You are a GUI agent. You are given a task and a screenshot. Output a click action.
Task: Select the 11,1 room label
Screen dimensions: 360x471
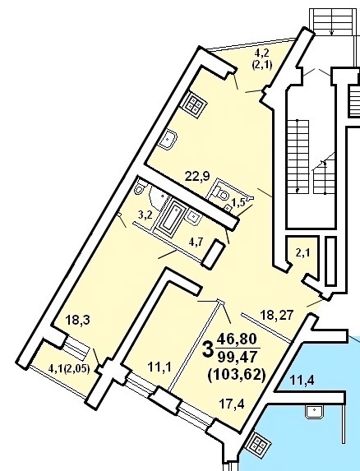coord(159,367)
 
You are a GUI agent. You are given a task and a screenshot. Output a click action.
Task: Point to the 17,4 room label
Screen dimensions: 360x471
coord(232,404)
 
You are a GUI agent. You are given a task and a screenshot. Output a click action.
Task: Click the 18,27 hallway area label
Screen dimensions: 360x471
coord(276,316)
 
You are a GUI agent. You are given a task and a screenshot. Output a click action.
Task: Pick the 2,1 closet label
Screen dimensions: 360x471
coord(302,253)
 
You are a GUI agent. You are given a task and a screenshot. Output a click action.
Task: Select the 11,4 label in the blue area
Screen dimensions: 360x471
coord(302,381)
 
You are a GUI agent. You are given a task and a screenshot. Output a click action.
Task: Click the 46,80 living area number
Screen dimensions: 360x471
coord(238,339)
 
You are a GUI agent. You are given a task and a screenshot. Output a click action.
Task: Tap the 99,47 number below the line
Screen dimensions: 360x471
coord(238,358)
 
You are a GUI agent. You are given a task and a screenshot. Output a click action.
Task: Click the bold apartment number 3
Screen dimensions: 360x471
coord(209,350)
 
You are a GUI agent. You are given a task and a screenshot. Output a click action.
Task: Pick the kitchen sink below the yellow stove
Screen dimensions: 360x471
coord(168,139)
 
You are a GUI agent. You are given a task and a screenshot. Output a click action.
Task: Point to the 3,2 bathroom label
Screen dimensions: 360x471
coord(145,215)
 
